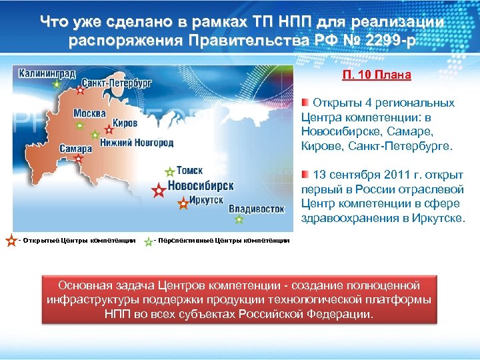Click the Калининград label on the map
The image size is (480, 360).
[x=47, y=73]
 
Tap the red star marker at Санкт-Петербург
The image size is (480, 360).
[x=81, y=90]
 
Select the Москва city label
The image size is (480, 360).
[x=89, y=113]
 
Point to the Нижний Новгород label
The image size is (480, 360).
[x=136, y=143]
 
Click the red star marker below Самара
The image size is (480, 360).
[x=79, y=159]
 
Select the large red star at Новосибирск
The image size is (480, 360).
[x=158, y=191]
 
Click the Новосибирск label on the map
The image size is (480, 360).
[x=200, y=185]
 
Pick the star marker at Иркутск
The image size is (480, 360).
[x=183, y=204]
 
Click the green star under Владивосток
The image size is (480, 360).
[x=239, y=219]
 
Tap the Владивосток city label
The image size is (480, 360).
[x=256, y=209]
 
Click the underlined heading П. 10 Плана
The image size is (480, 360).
[x=377, y=75]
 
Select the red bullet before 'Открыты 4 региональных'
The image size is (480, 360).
[x=304, y=102]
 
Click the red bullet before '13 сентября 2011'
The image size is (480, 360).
[x=304, y=175]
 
